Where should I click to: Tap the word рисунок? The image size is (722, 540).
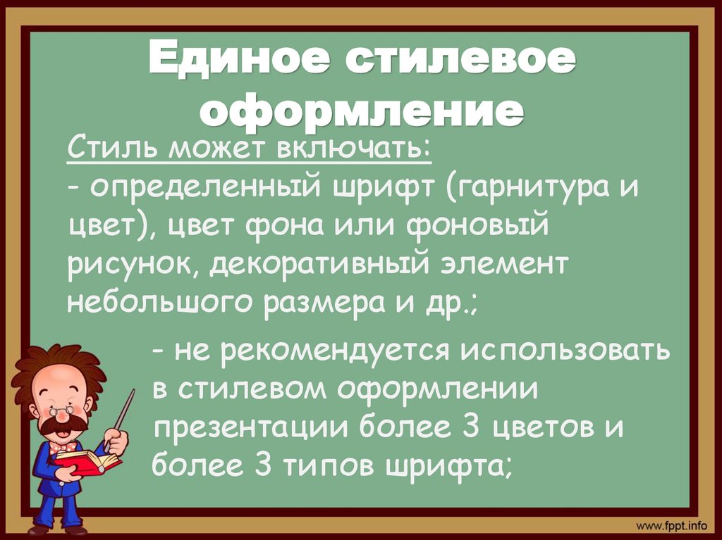132,265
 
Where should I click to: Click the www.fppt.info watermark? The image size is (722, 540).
671,525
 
